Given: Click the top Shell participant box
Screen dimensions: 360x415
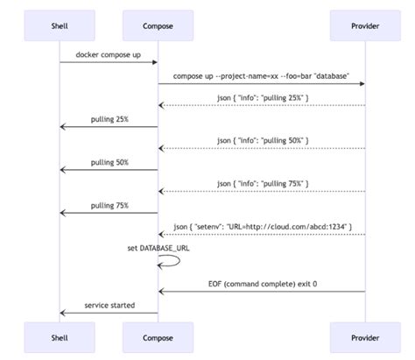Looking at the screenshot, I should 60,26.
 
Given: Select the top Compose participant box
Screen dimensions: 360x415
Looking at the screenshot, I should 158,26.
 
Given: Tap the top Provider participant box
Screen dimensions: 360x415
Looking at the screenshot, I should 364,26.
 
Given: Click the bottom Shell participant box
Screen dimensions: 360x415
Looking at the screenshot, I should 60,335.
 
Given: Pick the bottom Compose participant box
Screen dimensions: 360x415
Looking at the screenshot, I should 158,335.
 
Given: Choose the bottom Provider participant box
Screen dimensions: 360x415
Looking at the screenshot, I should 364,335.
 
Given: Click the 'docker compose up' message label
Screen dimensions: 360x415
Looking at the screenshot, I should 109,54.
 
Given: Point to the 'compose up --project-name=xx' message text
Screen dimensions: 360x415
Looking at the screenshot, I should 261,76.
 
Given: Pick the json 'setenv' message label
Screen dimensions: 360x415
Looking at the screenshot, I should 261,226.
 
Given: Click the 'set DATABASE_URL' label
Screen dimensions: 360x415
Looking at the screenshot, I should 158,247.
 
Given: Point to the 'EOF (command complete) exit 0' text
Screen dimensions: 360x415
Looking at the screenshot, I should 261,284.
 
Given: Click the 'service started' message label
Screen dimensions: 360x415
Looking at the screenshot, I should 109,305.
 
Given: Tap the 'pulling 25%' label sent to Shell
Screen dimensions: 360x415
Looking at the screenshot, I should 109,119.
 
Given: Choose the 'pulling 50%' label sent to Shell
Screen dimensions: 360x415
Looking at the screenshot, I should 109,162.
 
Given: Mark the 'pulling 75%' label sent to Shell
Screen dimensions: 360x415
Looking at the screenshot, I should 109,205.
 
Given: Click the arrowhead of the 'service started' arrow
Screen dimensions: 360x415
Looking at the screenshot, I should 63,313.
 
